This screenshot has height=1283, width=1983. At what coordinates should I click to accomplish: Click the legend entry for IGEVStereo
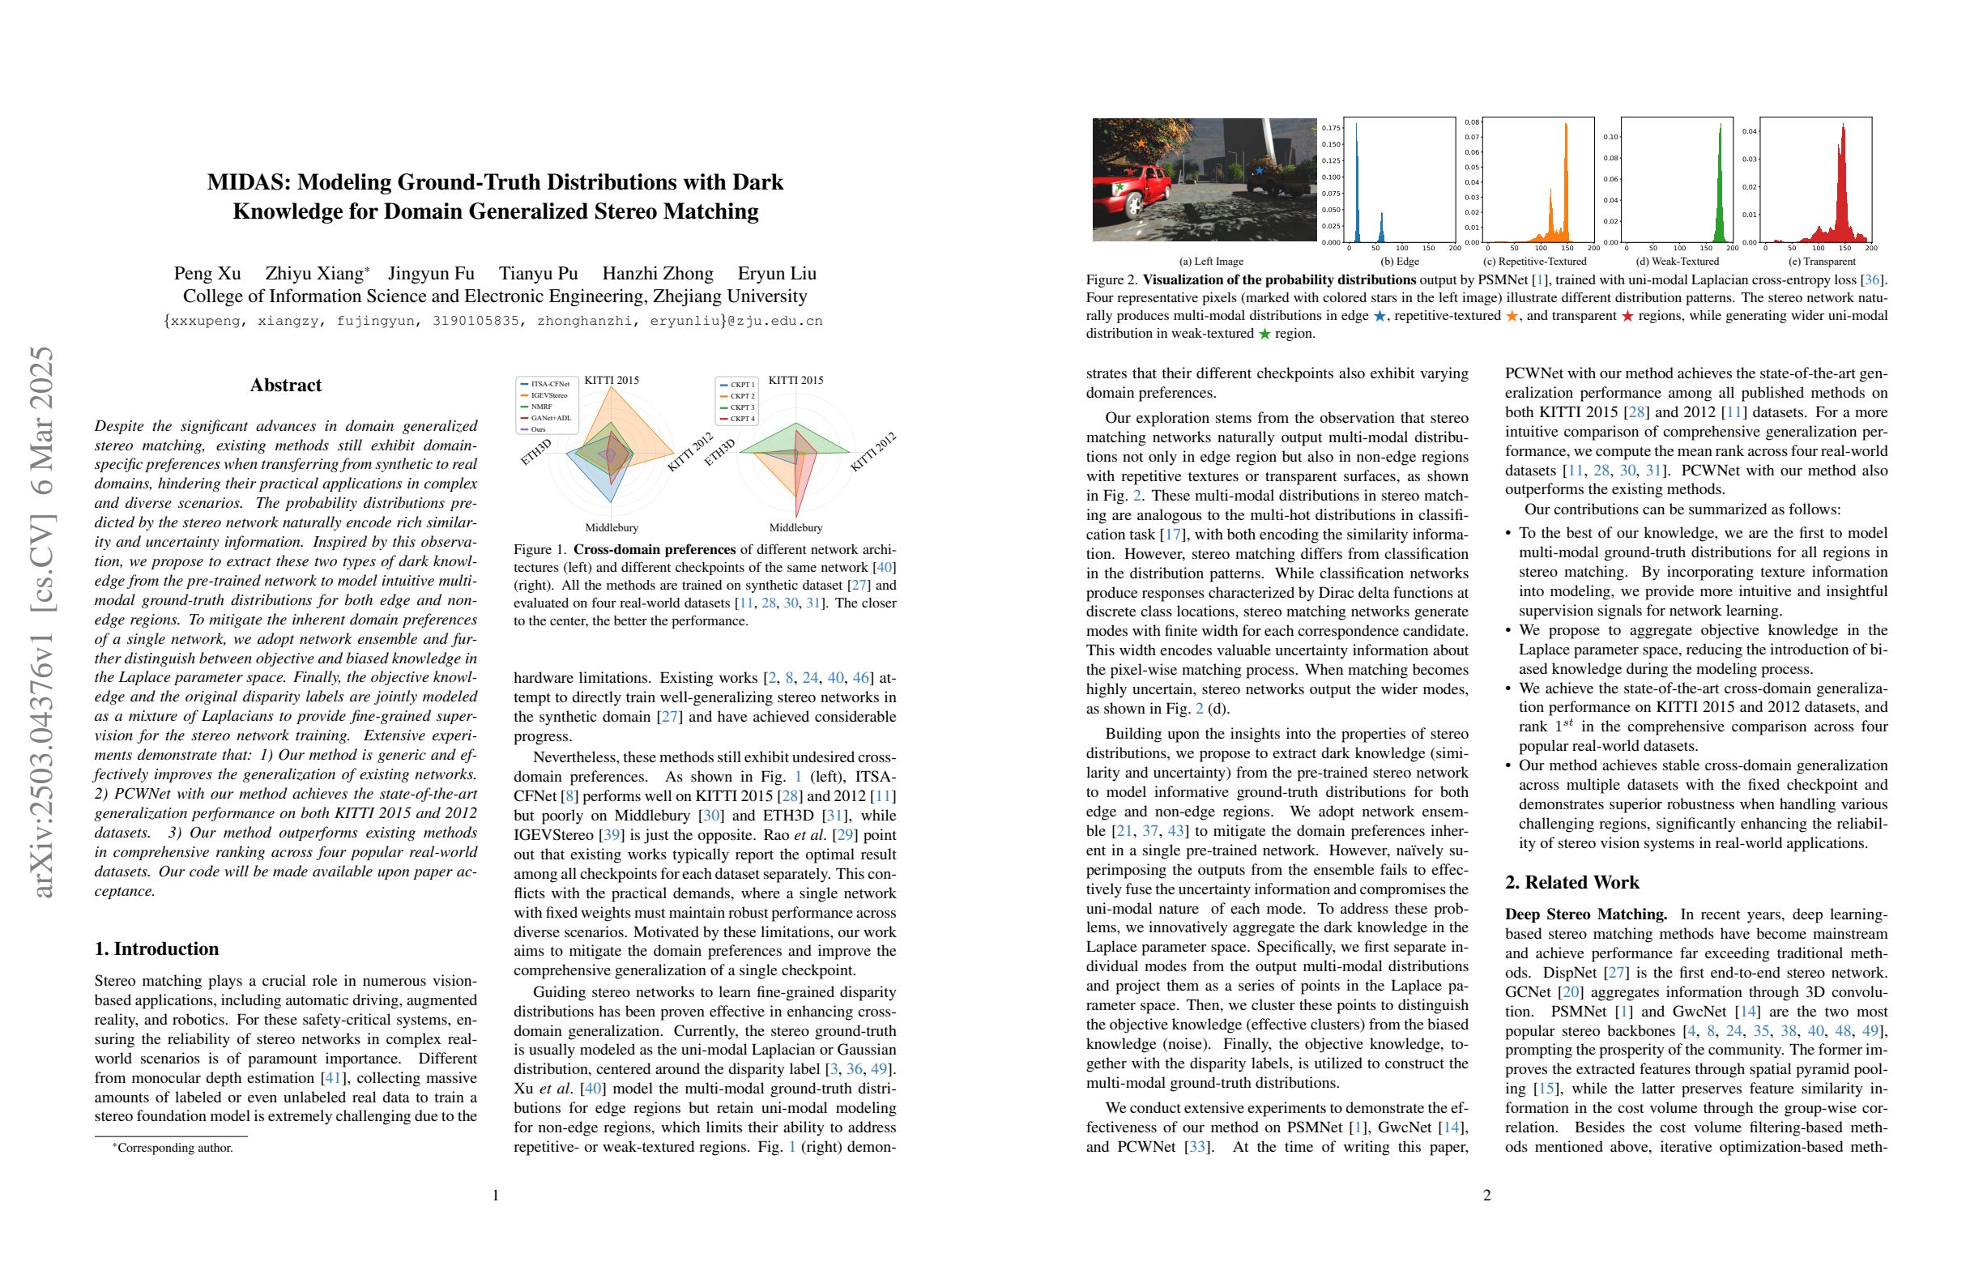(549, 396)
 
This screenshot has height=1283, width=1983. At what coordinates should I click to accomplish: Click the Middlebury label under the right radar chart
(795, 527)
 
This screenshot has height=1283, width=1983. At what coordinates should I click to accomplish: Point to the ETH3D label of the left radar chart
(535, 450)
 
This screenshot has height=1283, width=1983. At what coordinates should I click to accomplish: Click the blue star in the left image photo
(1259, 171)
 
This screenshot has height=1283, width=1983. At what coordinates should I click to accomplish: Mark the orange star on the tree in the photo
(1141, 144)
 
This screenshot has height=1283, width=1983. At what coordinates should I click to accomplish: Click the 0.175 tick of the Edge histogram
(1331, 127)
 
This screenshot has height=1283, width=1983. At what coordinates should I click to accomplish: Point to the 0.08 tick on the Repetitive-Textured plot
(1472, 122)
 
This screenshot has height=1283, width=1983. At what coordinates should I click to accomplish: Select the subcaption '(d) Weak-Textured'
(1678, 262)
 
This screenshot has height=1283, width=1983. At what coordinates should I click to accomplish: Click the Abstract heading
(286, 385)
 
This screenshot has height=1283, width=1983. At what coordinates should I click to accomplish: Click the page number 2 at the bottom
(1486, 1196)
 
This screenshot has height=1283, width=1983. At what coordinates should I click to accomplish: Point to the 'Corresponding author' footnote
(174, 1148)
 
